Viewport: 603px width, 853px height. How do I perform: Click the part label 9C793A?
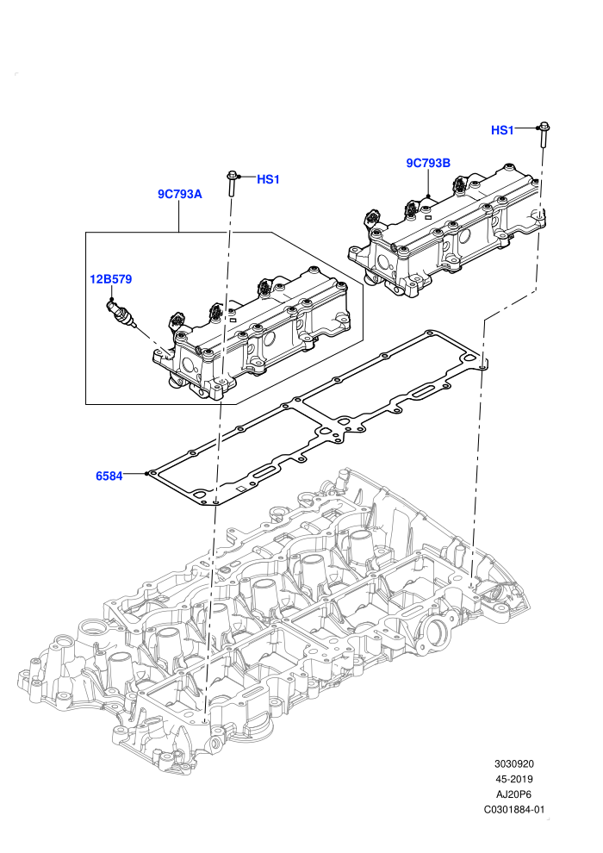tap(179, 194)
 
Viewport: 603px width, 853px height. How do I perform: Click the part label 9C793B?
tap(428, 163)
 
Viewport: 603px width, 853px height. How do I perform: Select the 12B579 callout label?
tap(111, 280)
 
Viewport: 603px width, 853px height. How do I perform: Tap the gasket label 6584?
tap(109, 476)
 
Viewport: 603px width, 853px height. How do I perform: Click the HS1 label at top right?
tap(502, 131)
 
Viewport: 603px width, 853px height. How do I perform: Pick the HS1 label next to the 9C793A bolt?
tap(268, 179)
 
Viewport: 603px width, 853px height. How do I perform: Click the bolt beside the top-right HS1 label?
tap(543, 134)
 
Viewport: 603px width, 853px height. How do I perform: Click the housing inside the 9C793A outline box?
tap(251, 332)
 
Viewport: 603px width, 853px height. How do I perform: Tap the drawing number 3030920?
tap(513, 764)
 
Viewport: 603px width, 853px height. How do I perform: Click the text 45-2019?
tap(513, 779)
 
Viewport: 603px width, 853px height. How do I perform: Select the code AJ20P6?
tap(513, 794)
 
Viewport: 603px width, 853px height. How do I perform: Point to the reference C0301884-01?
tap(513, 809)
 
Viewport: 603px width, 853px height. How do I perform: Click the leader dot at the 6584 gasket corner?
tap(146, 473)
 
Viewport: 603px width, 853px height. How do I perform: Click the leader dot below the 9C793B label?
tap(428, 196)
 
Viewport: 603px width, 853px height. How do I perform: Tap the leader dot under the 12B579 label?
tap(111, 299)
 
